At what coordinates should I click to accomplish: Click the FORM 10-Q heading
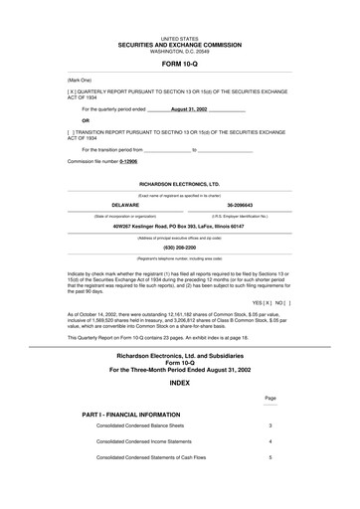pyautogui.click(x=179, y=63)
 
